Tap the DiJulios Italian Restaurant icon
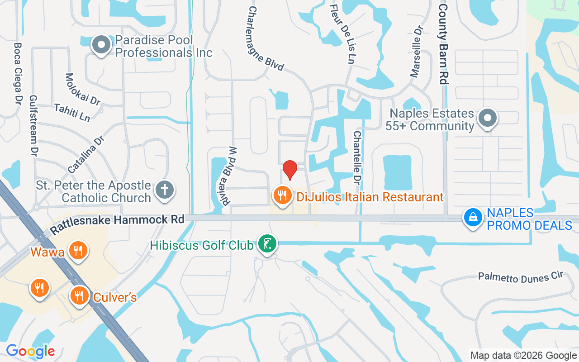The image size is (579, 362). (283, 195)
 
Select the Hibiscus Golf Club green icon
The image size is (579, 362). (267, 244)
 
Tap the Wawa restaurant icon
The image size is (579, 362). (78, 250)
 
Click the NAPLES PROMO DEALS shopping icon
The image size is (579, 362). (473, 217)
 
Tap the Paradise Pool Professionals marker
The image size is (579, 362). (101, 45)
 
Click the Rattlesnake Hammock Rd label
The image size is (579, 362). (118, 224)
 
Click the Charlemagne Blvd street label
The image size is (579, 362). (266, 38)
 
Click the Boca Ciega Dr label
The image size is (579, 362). (18, 72)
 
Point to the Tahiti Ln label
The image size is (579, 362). (72, 112)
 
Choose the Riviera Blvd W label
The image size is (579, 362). (229, 176)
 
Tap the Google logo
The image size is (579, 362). (30, 351)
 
